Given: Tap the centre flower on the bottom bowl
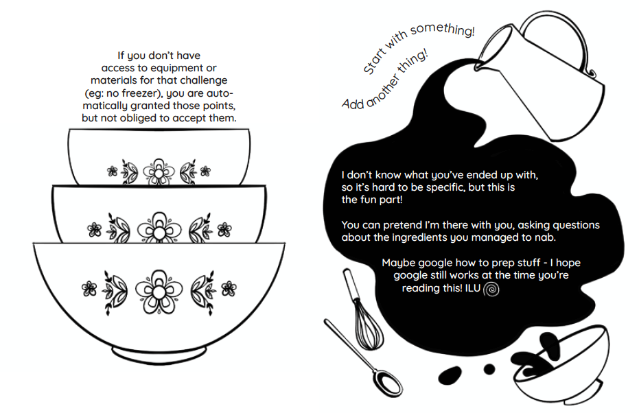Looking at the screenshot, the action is click(x=159, y=288).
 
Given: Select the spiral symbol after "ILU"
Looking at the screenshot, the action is click(x=491, y=290).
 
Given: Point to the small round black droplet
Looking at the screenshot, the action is click(x=489, y=369).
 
